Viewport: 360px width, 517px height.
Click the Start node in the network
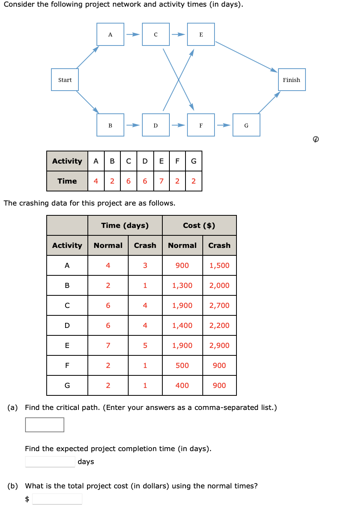tap(65, 80)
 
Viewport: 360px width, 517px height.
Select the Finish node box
tap(291, 80)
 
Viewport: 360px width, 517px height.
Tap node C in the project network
tap(156, 35)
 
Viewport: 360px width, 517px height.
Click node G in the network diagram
tap(246, 125)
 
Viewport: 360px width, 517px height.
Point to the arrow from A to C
tap(133, 35)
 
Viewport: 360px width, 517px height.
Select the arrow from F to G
tap(224, 125)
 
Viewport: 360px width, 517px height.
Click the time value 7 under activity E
tap(161, 181)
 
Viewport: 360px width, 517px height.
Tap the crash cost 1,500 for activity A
tap(219, 266)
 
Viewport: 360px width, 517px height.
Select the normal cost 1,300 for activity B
tap(182, 286)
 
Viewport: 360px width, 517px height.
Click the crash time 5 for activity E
tap(145, 346)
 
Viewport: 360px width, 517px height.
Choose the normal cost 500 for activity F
tap(182, 366)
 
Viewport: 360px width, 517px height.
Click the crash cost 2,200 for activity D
tap(219, 326)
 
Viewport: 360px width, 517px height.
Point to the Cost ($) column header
tap(199, 226)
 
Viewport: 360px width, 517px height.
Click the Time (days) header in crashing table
tap(125, 226)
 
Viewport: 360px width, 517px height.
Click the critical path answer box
tap(45, 425)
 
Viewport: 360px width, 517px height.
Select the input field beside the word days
tap(50, 462)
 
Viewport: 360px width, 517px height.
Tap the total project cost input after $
tap(57, 499)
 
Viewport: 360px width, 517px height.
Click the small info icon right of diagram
tap(316, 139)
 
